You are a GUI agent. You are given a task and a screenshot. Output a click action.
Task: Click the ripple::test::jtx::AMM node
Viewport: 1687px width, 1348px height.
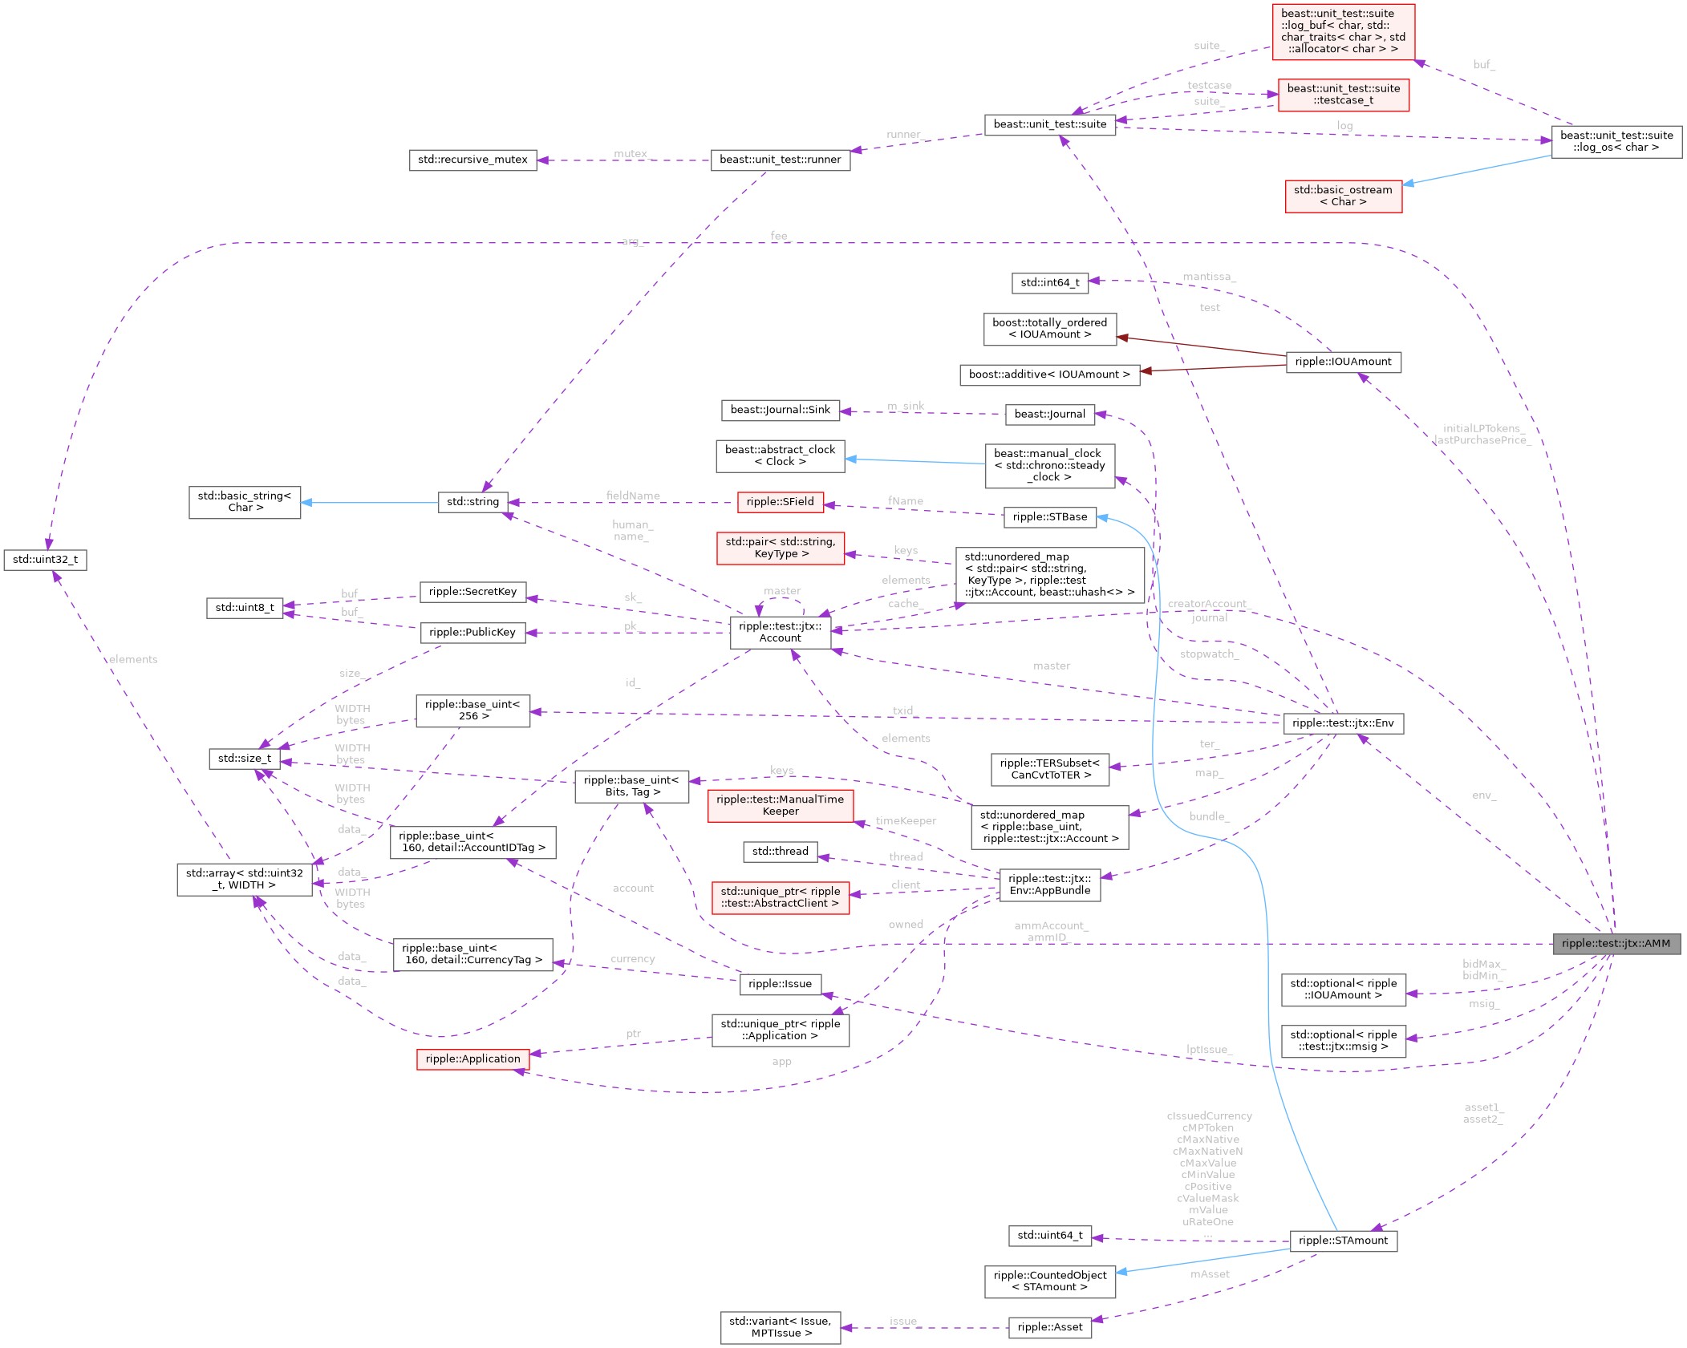point(1616,944)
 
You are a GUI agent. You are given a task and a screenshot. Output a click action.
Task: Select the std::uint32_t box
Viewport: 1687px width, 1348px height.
point(45,560)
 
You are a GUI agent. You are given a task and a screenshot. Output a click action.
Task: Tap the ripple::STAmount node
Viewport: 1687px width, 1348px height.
point(1343,1241)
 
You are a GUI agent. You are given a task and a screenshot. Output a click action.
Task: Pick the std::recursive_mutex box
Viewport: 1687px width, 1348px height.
point(472,160)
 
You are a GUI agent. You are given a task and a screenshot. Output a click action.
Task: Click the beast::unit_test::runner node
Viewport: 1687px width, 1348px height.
point(780,160)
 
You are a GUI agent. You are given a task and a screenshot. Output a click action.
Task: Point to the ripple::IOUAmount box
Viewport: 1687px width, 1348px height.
point(1343,362)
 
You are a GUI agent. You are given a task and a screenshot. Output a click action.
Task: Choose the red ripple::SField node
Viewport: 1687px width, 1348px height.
point(780,502)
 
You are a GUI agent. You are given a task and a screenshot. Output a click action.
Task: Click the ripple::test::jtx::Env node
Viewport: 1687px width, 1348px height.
point(1343,723)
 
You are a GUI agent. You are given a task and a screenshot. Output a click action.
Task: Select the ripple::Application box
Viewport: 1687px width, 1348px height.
point(472,1059)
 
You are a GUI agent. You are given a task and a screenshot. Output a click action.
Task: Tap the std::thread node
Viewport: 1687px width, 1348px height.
point(780,852)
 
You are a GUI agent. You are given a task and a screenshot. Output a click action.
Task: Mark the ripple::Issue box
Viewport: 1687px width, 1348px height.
point(780,984)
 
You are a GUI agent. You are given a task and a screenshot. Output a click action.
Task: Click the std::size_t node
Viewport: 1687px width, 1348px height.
point(245,759)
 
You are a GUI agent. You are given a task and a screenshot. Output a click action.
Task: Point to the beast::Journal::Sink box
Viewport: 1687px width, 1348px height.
point(780,410)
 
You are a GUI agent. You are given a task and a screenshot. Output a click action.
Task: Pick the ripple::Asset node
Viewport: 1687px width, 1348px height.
point(1049,1327)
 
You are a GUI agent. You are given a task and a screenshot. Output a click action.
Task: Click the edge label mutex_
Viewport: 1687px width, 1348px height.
point(631,153)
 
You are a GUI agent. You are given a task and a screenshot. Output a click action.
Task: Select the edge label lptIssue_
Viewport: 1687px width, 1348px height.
point(1207,1050)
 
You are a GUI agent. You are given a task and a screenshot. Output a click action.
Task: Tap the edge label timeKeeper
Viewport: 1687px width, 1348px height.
point(906,821)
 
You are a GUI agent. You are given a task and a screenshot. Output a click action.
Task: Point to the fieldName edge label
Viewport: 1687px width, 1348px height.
point(633,496)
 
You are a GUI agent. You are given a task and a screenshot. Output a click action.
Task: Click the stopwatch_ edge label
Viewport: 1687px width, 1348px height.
point(1209,654)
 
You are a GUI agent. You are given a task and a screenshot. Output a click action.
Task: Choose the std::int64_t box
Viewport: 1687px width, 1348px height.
point(1049,282)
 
